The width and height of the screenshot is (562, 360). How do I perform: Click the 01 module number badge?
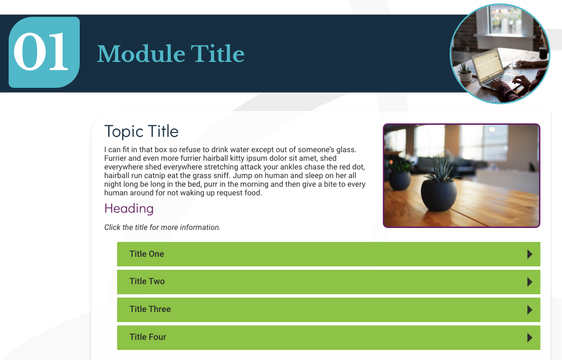[x=44, y=52]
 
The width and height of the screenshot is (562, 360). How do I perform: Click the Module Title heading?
[x=171, y=54]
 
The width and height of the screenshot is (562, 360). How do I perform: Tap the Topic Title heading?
[x=141, y=132]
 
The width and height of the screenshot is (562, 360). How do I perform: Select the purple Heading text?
[x=129, y=208]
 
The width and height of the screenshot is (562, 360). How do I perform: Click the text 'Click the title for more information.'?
[x=162, y=228]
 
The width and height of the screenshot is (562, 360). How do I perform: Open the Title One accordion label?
[x=147, y=254]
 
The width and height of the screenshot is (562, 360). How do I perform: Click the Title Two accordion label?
[x=147, y=282]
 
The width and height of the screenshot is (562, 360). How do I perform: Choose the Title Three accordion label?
[x=150, y=309]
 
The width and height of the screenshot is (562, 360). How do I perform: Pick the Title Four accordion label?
[x=147, y=337]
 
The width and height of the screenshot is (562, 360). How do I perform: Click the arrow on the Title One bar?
[x=530, y=254]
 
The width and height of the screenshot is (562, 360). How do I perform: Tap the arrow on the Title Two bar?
[x=530, y=282]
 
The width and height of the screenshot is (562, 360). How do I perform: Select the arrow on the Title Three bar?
[x=530, y=310]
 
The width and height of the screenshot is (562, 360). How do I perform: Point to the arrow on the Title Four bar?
[x=530, y=337]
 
